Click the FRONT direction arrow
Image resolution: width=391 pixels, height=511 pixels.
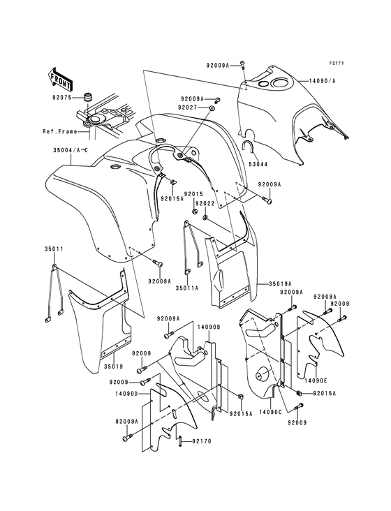pos(59,79)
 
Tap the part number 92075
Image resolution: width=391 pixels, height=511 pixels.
pos(61,97)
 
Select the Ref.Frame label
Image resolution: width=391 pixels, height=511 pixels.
pos(60,131)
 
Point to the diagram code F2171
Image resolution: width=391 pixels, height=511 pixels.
pos(337,64)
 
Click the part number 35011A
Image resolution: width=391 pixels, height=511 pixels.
pos(187,288)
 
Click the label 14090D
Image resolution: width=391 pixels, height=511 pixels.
pos(127,393)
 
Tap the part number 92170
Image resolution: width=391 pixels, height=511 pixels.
pos(202,441)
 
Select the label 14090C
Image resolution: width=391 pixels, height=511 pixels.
pos(270,412)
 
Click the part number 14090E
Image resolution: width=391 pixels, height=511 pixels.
pos(316,380)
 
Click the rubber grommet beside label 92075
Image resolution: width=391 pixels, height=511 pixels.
pos(87,98)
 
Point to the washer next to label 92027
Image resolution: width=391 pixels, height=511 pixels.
pos(212,108)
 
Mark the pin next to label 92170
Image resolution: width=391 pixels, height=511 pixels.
pos(179,442)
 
